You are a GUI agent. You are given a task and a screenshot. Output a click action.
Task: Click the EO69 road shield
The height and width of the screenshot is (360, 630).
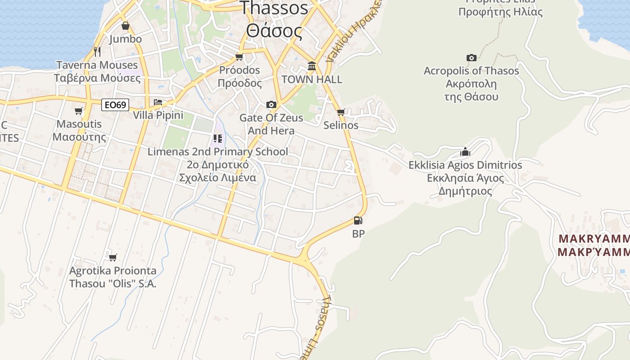tap(115, 105)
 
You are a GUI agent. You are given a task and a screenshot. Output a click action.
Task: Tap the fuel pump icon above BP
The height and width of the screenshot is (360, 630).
tap(358, 220)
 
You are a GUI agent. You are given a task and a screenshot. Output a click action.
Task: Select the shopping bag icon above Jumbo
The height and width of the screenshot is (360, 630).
tap(125, 26)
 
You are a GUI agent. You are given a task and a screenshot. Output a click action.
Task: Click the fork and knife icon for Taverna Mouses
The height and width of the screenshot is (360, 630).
tap(97, 52)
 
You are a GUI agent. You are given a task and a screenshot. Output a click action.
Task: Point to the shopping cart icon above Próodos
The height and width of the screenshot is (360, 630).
tap(239, 57)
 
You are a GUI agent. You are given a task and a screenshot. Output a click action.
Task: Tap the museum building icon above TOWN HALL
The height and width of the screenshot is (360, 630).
tap(311, 67)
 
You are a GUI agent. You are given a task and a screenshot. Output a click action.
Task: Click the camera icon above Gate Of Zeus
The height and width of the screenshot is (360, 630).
tap(271, 105)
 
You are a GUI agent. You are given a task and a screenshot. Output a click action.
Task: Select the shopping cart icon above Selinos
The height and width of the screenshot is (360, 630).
tap(341, 112)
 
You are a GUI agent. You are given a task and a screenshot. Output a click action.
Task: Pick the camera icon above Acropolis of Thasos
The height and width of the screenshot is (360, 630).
tap(471, 58)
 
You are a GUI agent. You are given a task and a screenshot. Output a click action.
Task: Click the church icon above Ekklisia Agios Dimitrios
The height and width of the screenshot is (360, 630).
tap(465, 152)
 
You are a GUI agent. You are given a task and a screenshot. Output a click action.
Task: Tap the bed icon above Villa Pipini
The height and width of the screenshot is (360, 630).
tap(158, 102)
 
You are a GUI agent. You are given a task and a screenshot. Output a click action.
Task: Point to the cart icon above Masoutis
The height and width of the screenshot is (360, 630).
tap(79, 111)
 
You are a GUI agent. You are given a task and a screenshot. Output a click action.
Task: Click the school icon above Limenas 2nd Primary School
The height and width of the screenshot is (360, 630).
tap(218, 138)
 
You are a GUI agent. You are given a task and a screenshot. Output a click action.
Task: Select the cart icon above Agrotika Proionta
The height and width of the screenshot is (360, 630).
tap(112, 257)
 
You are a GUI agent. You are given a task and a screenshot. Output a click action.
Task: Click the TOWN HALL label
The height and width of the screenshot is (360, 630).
tap(311, 80)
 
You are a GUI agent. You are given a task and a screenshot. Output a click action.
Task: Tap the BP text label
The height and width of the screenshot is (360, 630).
tap(358, 234)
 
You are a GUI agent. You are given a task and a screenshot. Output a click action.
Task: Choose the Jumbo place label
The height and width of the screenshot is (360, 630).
tap(125, 39)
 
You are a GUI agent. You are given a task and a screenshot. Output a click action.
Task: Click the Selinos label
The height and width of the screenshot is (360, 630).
tap(341, 125)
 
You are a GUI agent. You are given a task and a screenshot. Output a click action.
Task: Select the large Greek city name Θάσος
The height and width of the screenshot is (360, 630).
tap(274, 31)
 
